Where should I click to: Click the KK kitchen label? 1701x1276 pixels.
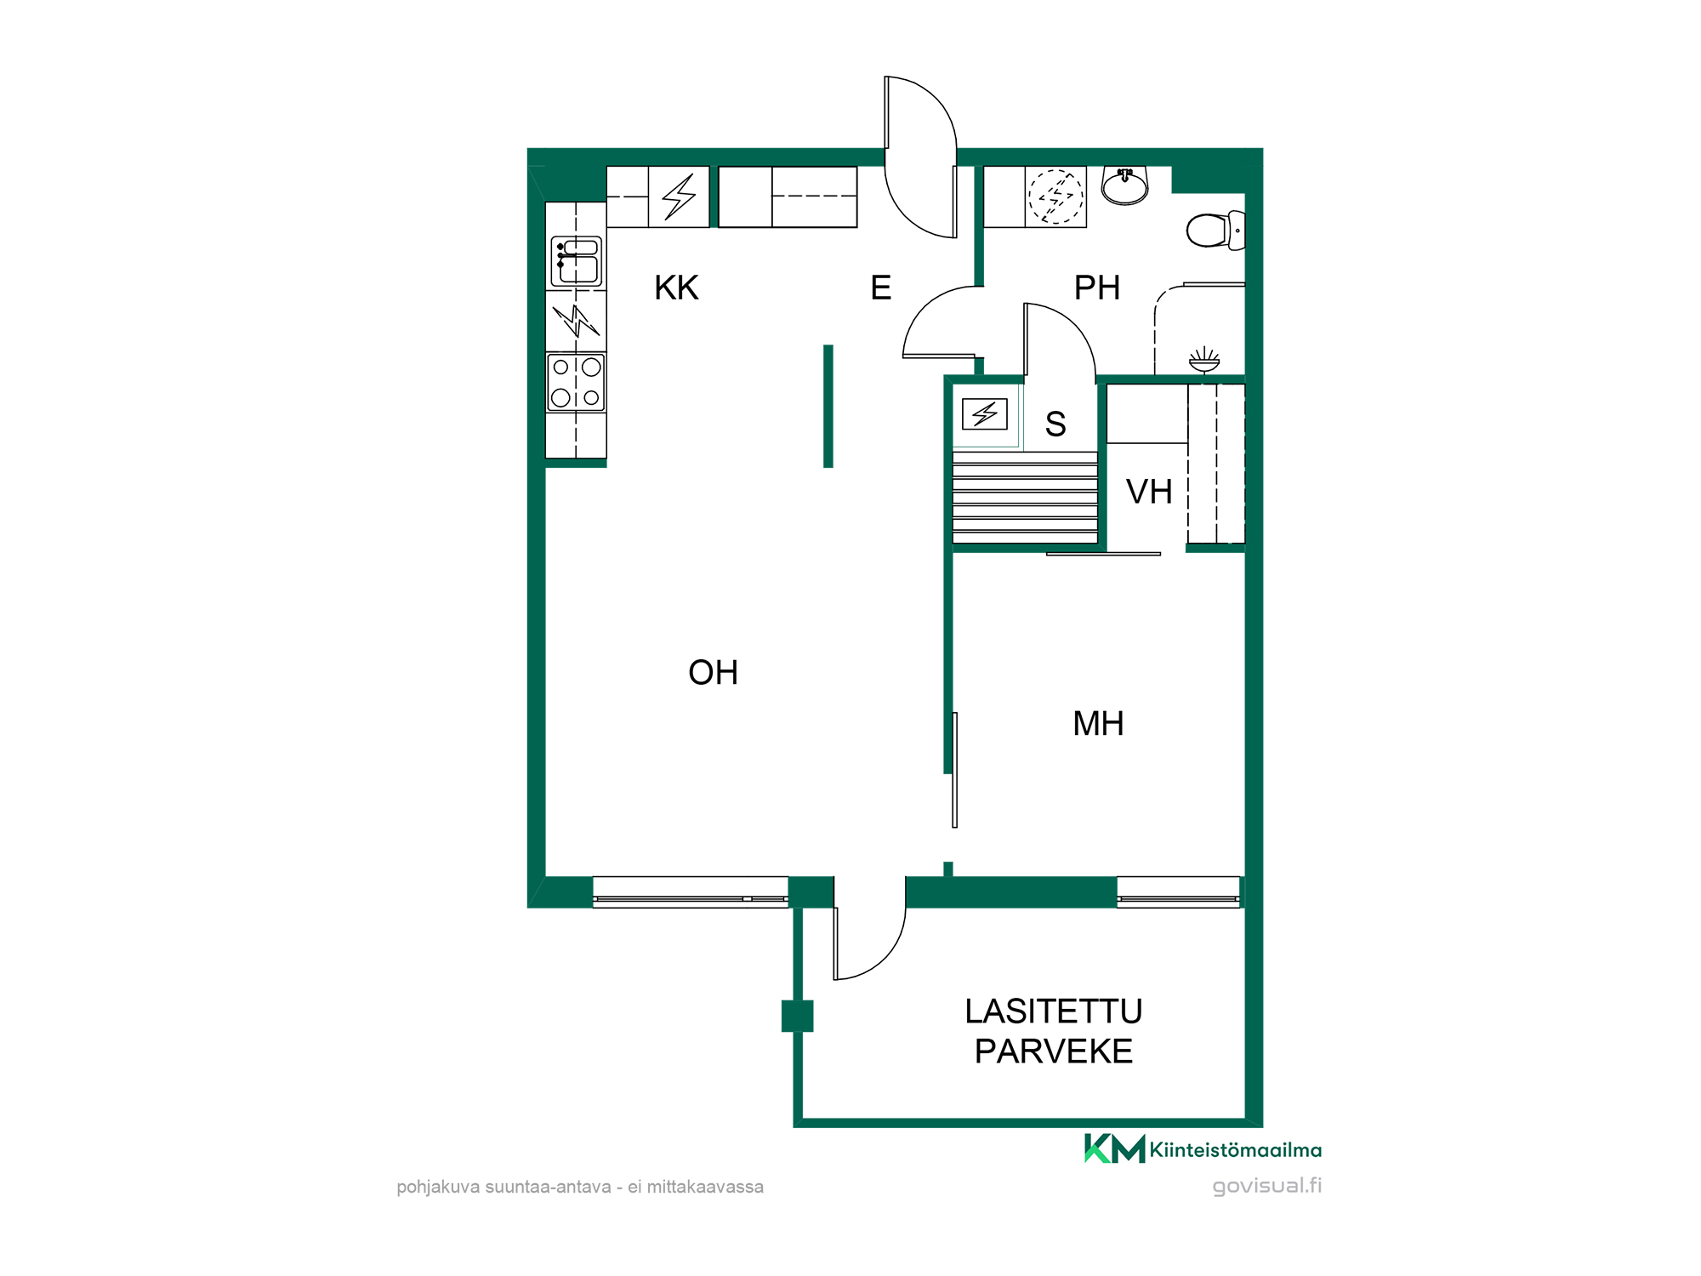676,288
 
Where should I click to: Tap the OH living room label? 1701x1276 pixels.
713,673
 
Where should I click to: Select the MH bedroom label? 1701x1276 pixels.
1098,724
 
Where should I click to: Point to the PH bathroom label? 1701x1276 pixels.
1096,288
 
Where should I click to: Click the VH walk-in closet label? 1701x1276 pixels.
1149,492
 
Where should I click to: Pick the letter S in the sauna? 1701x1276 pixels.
1055,424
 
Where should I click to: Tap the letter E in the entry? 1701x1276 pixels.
881,288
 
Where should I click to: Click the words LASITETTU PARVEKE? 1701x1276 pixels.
1054,1031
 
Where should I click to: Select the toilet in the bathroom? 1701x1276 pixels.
1215,230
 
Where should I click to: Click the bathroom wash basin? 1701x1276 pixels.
1124,185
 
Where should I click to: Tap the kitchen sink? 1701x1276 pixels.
577,261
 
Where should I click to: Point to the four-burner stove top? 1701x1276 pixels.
576,383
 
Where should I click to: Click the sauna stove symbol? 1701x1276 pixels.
985,414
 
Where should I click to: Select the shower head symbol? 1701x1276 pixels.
1204,360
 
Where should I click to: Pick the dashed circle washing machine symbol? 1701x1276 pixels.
1056,197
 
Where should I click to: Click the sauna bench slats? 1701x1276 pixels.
1025,498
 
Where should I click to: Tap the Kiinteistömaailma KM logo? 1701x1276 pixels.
1203,1149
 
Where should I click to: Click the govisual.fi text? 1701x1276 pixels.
1267,1186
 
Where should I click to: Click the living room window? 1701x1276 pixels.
691,892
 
